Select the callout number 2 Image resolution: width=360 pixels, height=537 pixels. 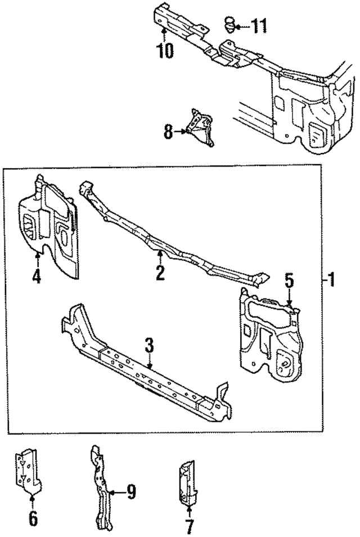tap(160, 273)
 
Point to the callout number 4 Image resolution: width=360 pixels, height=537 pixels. tap(36, 277)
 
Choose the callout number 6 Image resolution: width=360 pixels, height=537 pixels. tap(32, 518)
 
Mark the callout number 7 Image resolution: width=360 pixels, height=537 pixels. tap(189, 527)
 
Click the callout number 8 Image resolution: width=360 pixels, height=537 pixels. tap(168, 133)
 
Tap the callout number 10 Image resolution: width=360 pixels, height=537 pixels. tap(165, 51)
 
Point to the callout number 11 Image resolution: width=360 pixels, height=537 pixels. tap(259, 26)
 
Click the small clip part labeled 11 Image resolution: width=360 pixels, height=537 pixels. tap(229, 24)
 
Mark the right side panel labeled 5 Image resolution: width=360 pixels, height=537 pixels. tap(270, 332)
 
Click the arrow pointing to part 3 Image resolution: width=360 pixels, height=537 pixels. tap(149, 363)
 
